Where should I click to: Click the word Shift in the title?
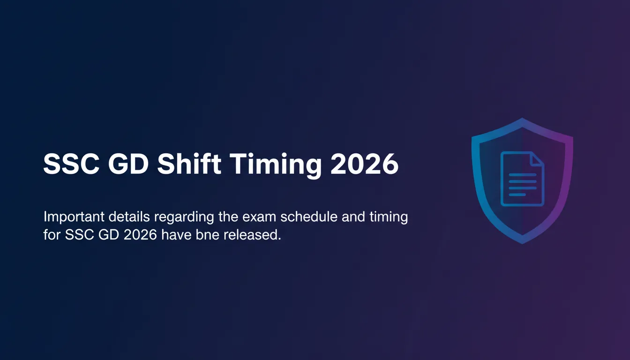(189, 164)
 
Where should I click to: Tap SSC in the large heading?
(71, 164)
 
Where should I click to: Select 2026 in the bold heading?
(365, 164)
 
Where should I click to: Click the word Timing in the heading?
(276, 166)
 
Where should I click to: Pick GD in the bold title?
(128, 164)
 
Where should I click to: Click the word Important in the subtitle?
(74, 217)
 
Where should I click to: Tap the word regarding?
(184, 217)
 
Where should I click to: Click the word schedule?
(309, 217)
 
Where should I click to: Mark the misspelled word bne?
(207, 234)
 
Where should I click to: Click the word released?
(252, 234)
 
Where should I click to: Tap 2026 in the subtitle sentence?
(140, 235)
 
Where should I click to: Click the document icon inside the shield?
(522, 179)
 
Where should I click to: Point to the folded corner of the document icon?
(538, 158)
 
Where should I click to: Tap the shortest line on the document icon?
(517, 195)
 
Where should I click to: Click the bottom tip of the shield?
(522, 244)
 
